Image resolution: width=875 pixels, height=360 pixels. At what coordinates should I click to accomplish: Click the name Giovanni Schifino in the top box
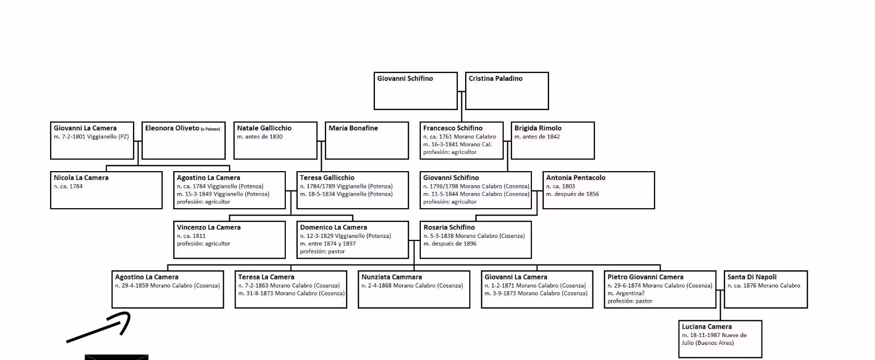(405, 79)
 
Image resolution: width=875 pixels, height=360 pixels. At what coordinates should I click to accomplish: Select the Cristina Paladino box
(506, 91)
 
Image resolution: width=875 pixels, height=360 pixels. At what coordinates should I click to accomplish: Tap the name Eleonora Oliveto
(172, 128)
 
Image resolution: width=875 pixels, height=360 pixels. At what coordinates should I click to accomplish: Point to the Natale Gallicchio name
(264, 128)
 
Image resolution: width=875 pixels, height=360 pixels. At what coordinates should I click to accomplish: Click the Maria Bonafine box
(367, 141)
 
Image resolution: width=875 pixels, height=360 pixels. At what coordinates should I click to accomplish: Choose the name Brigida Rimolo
(538, 128)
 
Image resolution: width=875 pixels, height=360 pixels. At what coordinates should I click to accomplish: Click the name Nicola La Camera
(81, 178)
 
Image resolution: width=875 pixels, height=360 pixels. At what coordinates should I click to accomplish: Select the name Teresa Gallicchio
(327, 178)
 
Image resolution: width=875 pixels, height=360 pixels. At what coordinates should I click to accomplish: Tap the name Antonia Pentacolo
(576, 178)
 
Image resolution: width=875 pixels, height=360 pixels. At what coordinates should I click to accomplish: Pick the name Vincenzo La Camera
(209, 227)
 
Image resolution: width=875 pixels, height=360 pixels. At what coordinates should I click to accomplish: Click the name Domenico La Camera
(333, 227)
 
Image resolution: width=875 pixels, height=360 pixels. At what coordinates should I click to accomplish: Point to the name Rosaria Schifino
(449, 227)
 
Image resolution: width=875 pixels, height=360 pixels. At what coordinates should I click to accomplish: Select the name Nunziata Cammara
(392, 277)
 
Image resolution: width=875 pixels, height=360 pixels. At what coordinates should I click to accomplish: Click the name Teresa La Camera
(266, 277)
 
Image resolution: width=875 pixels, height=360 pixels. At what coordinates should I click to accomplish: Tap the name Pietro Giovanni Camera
(645, 277)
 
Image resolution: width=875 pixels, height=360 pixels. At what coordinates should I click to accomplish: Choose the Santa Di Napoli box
(765, 290)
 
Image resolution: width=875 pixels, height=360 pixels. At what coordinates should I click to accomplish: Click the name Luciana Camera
(707, 327)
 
